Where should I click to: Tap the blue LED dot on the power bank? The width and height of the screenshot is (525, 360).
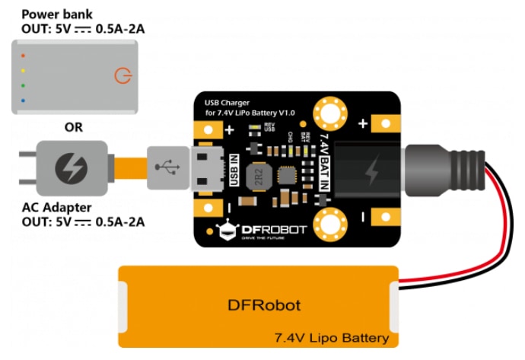tap(24, 100)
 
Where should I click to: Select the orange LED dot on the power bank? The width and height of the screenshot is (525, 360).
tap(24, 56)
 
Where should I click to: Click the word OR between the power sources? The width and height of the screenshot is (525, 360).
tap(74, 127)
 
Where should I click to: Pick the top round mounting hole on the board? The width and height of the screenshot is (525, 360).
tap(332, 113)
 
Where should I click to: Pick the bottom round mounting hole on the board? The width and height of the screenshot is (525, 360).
tap(332, 225)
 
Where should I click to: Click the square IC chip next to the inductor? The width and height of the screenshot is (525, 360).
tap(289, 176)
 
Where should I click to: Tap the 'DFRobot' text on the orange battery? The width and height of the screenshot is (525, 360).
tap(263, 306)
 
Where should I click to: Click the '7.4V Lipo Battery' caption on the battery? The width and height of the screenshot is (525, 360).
tap(332, 337)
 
